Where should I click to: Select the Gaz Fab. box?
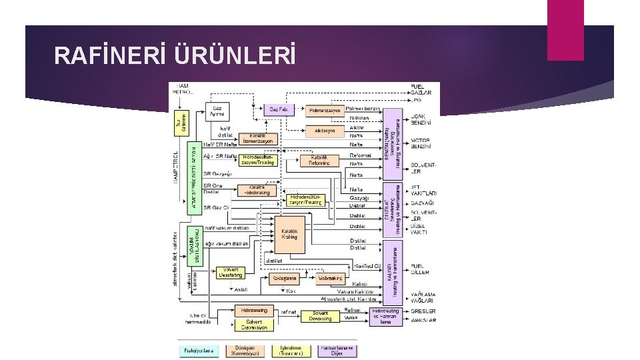278,109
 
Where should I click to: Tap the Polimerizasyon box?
323,109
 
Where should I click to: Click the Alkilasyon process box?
323,131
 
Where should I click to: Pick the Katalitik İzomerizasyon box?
257,139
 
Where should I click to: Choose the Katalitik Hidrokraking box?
257,190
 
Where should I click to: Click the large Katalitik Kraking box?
289,234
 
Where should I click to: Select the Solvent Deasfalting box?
232,273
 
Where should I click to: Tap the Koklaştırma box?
285,277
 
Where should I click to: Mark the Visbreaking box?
330,277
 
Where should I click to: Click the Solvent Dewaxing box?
320,315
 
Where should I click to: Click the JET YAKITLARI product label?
424,190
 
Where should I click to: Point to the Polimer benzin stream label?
363,109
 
